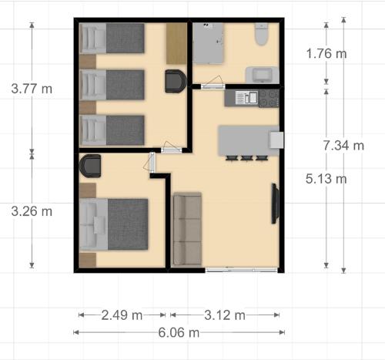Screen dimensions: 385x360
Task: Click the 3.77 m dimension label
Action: click(x=32, y=89)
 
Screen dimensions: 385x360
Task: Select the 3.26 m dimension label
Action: click(x=32, y=211)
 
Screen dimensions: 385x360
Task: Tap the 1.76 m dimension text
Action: click(x=326, y=53)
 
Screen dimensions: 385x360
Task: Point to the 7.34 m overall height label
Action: click(x=343, y=146)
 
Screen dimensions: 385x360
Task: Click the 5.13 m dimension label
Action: click(x=326, y=178)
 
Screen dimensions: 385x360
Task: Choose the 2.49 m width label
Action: click(x=122, y=315)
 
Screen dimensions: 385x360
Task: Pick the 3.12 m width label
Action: click(x=225, y=315)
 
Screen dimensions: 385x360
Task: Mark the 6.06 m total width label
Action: click(x=179, y=332)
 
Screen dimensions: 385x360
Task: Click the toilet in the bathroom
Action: click(x=262, y=34)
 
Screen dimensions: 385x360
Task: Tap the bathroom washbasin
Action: click(x=262, y=75)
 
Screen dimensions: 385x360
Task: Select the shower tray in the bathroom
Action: click(x=208, y=43)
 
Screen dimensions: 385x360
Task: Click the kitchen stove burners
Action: click(x=269, y=98)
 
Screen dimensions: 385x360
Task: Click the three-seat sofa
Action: click(x=187, y=229)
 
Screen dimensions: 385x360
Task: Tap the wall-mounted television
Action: click(x=275, y=204)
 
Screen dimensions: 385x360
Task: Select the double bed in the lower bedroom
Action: click(x=114, y=224)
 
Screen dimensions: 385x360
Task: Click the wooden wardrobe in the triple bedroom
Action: click(x=176, y=43)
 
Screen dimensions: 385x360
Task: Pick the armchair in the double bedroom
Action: click(x=90, y=166)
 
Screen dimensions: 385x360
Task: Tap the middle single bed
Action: click(x=112, y=85)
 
